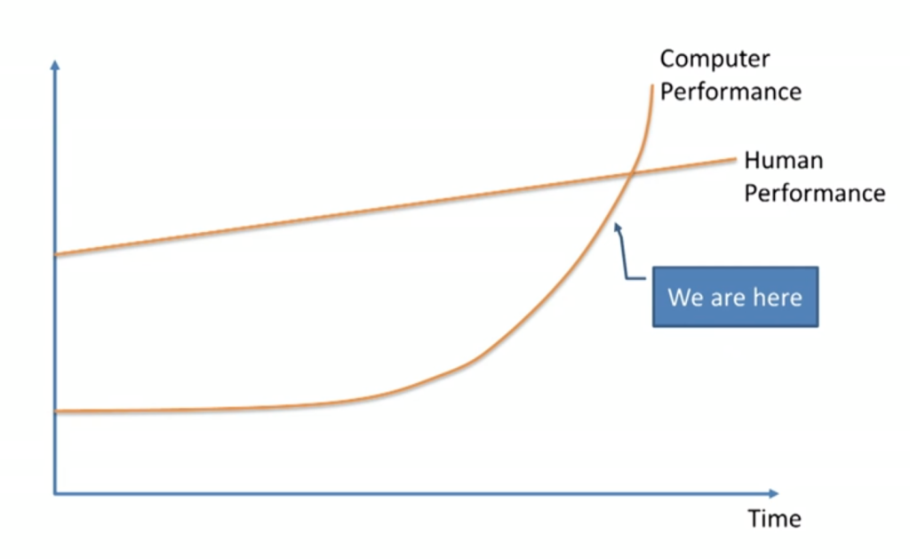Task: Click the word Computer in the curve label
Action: [714, 60]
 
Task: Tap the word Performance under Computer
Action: [730, 92]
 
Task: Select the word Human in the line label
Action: [783, 161]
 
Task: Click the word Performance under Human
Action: [814, 193]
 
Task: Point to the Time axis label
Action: [774, 518]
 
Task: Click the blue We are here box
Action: [735, 297]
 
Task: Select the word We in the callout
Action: [685, 297]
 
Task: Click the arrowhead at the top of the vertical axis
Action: [55, 65]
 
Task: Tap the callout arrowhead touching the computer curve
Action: [616, 228]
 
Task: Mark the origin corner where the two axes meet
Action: [55, 492]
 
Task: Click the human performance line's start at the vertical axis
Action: [56, 255]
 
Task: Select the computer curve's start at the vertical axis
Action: [56, 411]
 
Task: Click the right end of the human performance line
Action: [735, 159]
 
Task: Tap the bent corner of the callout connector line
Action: [626, 279]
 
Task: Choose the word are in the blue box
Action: [730, 297]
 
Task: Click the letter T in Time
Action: [754, 518]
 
